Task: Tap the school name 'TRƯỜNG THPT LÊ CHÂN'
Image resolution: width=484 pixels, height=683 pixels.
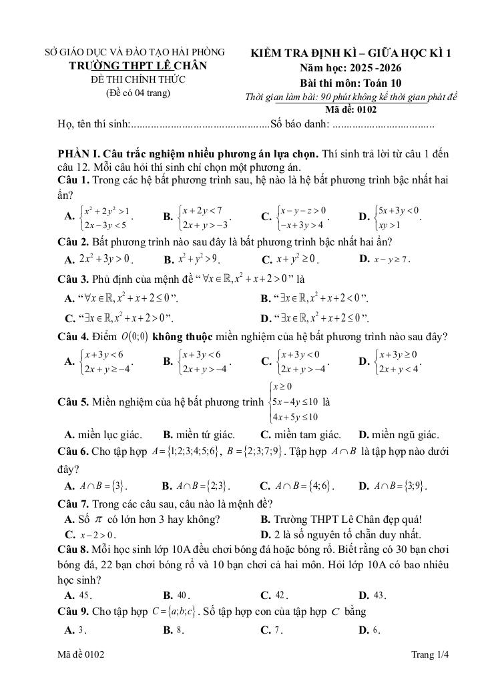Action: click(x=138, y=66)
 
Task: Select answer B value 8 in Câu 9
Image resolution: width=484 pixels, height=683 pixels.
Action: click(x=180, y=630)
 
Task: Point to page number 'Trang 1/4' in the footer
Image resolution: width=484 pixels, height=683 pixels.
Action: click(x=431, y=656)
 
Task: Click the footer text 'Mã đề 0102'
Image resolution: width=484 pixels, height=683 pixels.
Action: click(x=81, y=656)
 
